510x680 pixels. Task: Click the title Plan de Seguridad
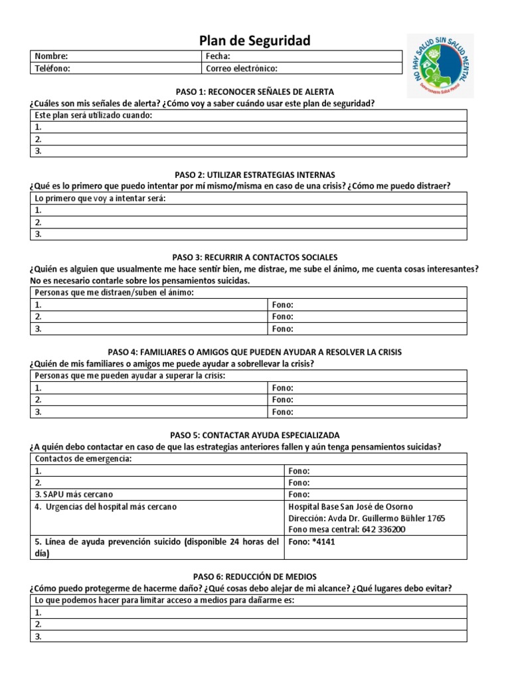click(256, 41)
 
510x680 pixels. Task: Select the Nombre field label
click(51, 56)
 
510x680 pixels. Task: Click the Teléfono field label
click(52, 68)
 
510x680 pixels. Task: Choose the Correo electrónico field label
click(241, 68)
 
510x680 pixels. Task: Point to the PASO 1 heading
click(255, 92)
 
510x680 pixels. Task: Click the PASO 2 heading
click(255, 175)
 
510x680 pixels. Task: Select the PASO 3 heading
click(255, 257)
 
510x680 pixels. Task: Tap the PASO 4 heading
click(255, 352)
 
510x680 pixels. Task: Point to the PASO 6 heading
click(255, 577)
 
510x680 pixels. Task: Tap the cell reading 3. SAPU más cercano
click(74, 495)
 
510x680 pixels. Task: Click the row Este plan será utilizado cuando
click(93, 116)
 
